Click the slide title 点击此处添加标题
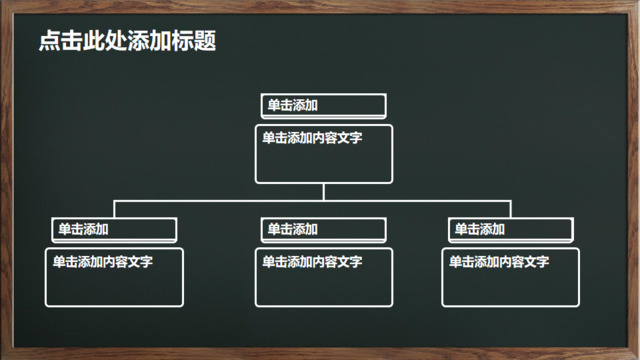click(x=127, y=41)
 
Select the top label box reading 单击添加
click(x=323, y=105)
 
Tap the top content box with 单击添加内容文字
click(x=323, y=154)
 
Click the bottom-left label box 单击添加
click(x=113, y=229)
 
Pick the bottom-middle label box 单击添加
click(x=323, y=229)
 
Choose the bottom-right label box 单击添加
click(x=511, y=229)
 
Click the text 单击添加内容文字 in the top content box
click(x=312, y=138)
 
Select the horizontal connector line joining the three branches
click(x=220, y=201)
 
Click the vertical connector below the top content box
click(x=323, y=192)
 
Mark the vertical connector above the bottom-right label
click(x=511, y=209)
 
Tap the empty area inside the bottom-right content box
click(x=511, y=287)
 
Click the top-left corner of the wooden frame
click(x=5, y=5)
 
